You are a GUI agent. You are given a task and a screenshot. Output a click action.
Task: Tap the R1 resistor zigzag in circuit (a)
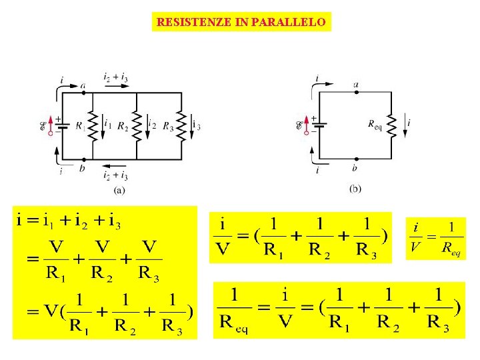click(x=94, y=125)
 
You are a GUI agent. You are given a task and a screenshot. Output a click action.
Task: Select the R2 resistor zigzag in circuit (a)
click(x=137, y=125)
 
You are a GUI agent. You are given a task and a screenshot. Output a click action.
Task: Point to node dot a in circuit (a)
click(x=83, y=93)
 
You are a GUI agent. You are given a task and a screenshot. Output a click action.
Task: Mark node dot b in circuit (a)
click(x=83, y=159)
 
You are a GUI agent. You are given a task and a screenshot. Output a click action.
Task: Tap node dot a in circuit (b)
click(x=356, y=93)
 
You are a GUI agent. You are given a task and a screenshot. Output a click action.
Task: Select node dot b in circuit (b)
click(x=356, y=159)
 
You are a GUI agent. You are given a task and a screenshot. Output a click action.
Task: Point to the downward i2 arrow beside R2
click(x=147, y=125)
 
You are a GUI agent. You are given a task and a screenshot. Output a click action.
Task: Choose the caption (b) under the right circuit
click(x=355, y=189)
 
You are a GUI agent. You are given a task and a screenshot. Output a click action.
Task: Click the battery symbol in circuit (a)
click(x=62, y=125)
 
